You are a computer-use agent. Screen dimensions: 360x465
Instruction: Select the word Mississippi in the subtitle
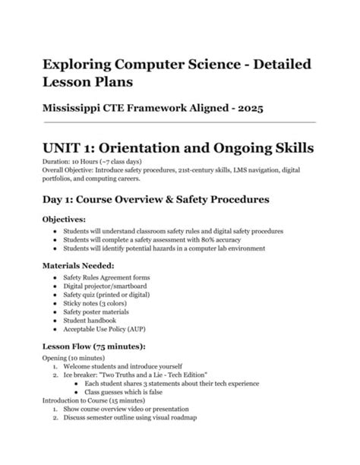82,109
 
